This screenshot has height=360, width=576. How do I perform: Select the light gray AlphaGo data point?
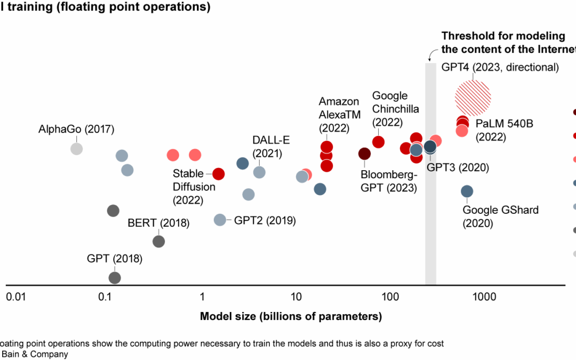[77, 148]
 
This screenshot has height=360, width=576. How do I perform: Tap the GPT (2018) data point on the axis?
[115, 277]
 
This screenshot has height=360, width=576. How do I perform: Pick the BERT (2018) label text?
[158, 223]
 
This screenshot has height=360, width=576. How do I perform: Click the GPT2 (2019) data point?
[220, 220]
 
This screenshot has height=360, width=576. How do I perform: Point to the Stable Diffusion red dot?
[218, 174]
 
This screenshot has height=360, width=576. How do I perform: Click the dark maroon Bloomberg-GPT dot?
[364, 154]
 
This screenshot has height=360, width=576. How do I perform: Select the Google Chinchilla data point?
[378, 142]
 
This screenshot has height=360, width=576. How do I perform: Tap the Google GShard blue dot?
[467, 191]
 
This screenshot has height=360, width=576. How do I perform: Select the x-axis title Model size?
[291, 316]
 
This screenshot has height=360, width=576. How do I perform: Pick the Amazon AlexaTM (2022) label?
[334, 115]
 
